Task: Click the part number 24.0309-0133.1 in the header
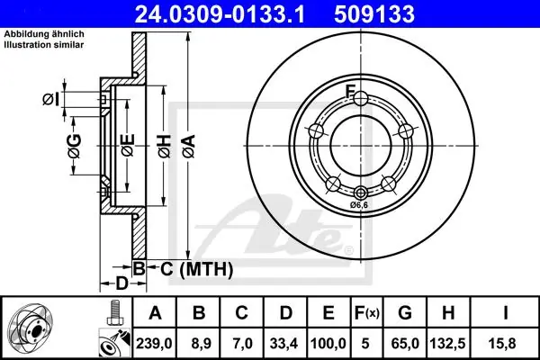(220, 14)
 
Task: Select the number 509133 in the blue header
(374, 14)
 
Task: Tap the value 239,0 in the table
(154, 344)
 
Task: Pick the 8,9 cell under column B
(199, 344)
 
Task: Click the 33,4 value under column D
(283, 344)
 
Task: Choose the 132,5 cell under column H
(447, 344)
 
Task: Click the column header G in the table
(405, 313)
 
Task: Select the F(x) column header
(367, 313)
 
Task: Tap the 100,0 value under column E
(328, 344)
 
